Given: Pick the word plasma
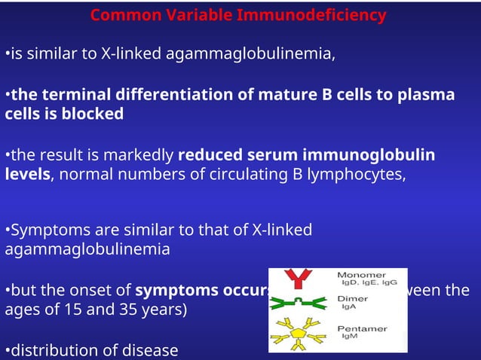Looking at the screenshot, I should coord(427,95).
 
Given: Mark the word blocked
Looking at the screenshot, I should coord(95,114).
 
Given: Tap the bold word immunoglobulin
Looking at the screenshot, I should coord(369,156).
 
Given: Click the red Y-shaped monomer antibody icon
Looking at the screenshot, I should coord(302,279).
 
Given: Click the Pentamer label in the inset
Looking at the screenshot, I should coord(361,329).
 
